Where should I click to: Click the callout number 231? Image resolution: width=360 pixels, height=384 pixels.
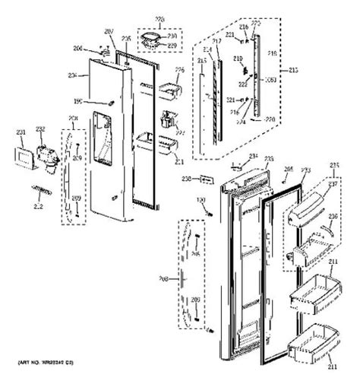(21, 131)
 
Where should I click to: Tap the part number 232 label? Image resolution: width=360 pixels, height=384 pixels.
(40, 129)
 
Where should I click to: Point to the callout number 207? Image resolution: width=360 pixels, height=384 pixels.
(108, 31)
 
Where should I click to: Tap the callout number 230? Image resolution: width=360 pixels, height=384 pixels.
(172, 35)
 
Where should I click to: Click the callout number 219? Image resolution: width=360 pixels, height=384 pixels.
(237, 58)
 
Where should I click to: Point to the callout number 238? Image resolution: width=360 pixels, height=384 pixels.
(186, 179)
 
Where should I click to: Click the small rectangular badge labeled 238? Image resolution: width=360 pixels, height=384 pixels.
(204, 180)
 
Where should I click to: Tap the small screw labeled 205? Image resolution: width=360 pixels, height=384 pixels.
(281, 181)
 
